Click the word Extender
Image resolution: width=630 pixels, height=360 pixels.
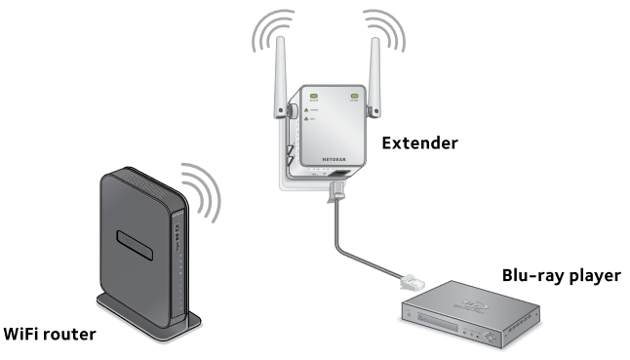tap(419, 144)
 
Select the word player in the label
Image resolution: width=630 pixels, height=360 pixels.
tap(593, 276)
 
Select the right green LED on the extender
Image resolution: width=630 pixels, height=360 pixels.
tap(355, 97)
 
